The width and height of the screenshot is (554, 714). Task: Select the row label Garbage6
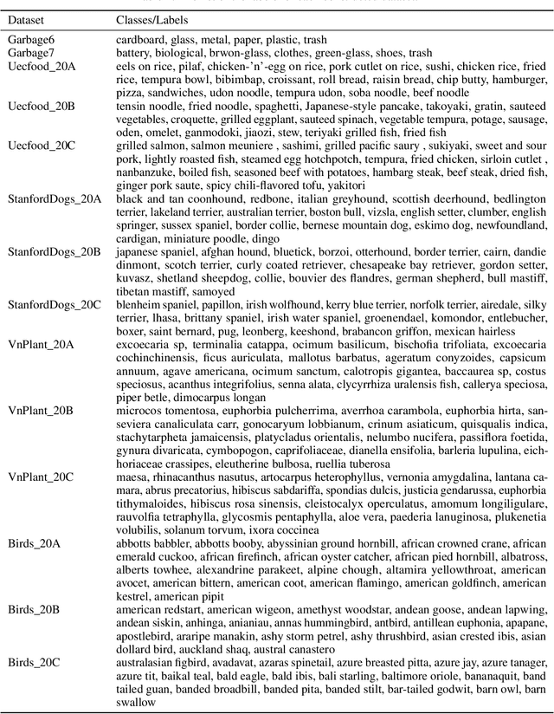pos(30,40)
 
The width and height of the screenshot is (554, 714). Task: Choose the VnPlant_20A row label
pos(41,344)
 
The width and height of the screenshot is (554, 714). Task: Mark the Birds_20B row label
pos(35,609)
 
